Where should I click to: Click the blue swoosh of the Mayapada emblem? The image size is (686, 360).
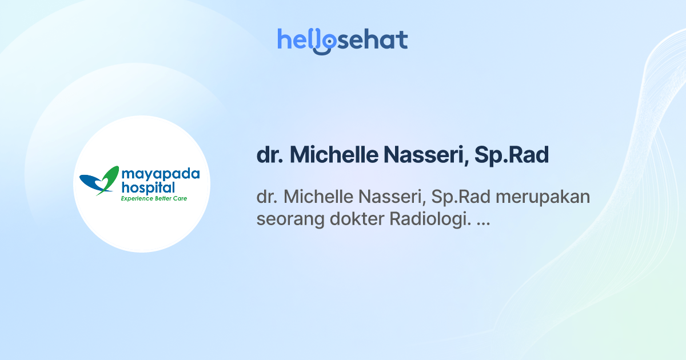click(91, 182)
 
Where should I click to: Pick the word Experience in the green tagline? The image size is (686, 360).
click(137, 199)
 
